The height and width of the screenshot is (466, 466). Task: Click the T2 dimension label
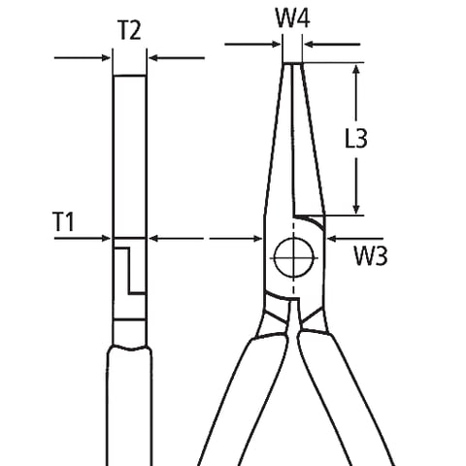[129, 29]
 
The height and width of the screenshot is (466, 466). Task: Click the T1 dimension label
[64, 222]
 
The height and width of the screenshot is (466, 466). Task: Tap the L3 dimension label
[356, 139]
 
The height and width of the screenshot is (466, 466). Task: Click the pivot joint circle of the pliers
[291, 257]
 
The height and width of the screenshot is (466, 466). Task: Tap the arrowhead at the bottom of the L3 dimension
[358, 208]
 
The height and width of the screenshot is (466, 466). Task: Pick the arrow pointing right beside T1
[105, 237]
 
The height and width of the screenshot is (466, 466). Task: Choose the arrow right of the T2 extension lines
[155, 58]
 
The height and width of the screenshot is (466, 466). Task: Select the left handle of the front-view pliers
[233, 388]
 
